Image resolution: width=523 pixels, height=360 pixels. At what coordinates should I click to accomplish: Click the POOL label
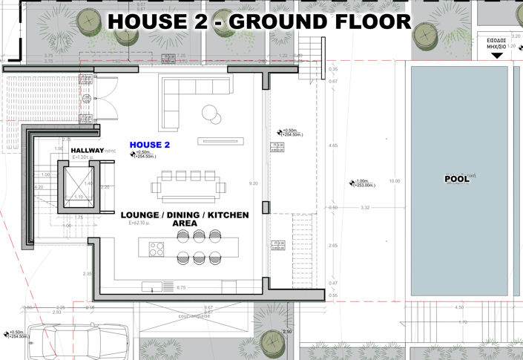coord(457,180)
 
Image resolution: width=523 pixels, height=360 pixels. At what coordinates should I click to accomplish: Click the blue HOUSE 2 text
coord(150,145)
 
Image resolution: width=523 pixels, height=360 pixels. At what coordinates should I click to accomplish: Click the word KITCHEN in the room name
coord(227,215)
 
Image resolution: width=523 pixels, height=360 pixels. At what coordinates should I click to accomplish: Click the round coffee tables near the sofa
coord(211,114)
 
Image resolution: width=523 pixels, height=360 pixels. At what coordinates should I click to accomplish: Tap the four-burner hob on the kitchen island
coord(157,249)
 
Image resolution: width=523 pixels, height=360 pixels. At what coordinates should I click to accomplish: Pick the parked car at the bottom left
coord(83,342)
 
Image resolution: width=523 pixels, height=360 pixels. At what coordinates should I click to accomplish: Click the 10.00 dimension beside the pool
coord(394,181)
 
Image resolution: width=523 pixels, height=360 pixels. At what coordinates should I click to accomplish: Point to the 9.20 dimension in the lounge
coord(254,183)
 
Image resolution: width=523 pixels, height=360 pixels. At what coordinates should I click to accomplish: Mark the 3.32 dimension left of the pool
coord(365,209)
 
